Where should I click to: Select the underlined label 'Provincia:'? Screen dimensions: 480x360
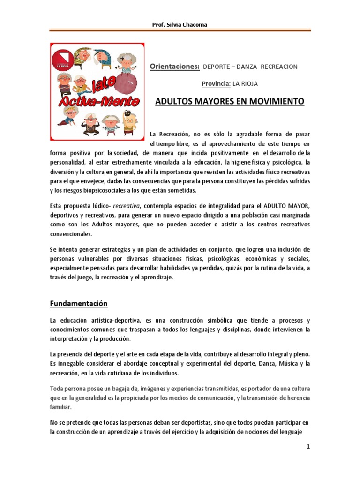tap(216, 84)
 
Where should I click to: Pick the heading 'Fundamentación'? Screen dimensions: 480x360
tap(79, 304)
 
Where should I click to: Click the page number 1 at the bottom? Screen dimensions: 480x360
tap(308, 446)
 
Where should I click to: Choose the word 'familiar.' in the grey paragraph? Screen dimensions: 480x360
tap(61, 407)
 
